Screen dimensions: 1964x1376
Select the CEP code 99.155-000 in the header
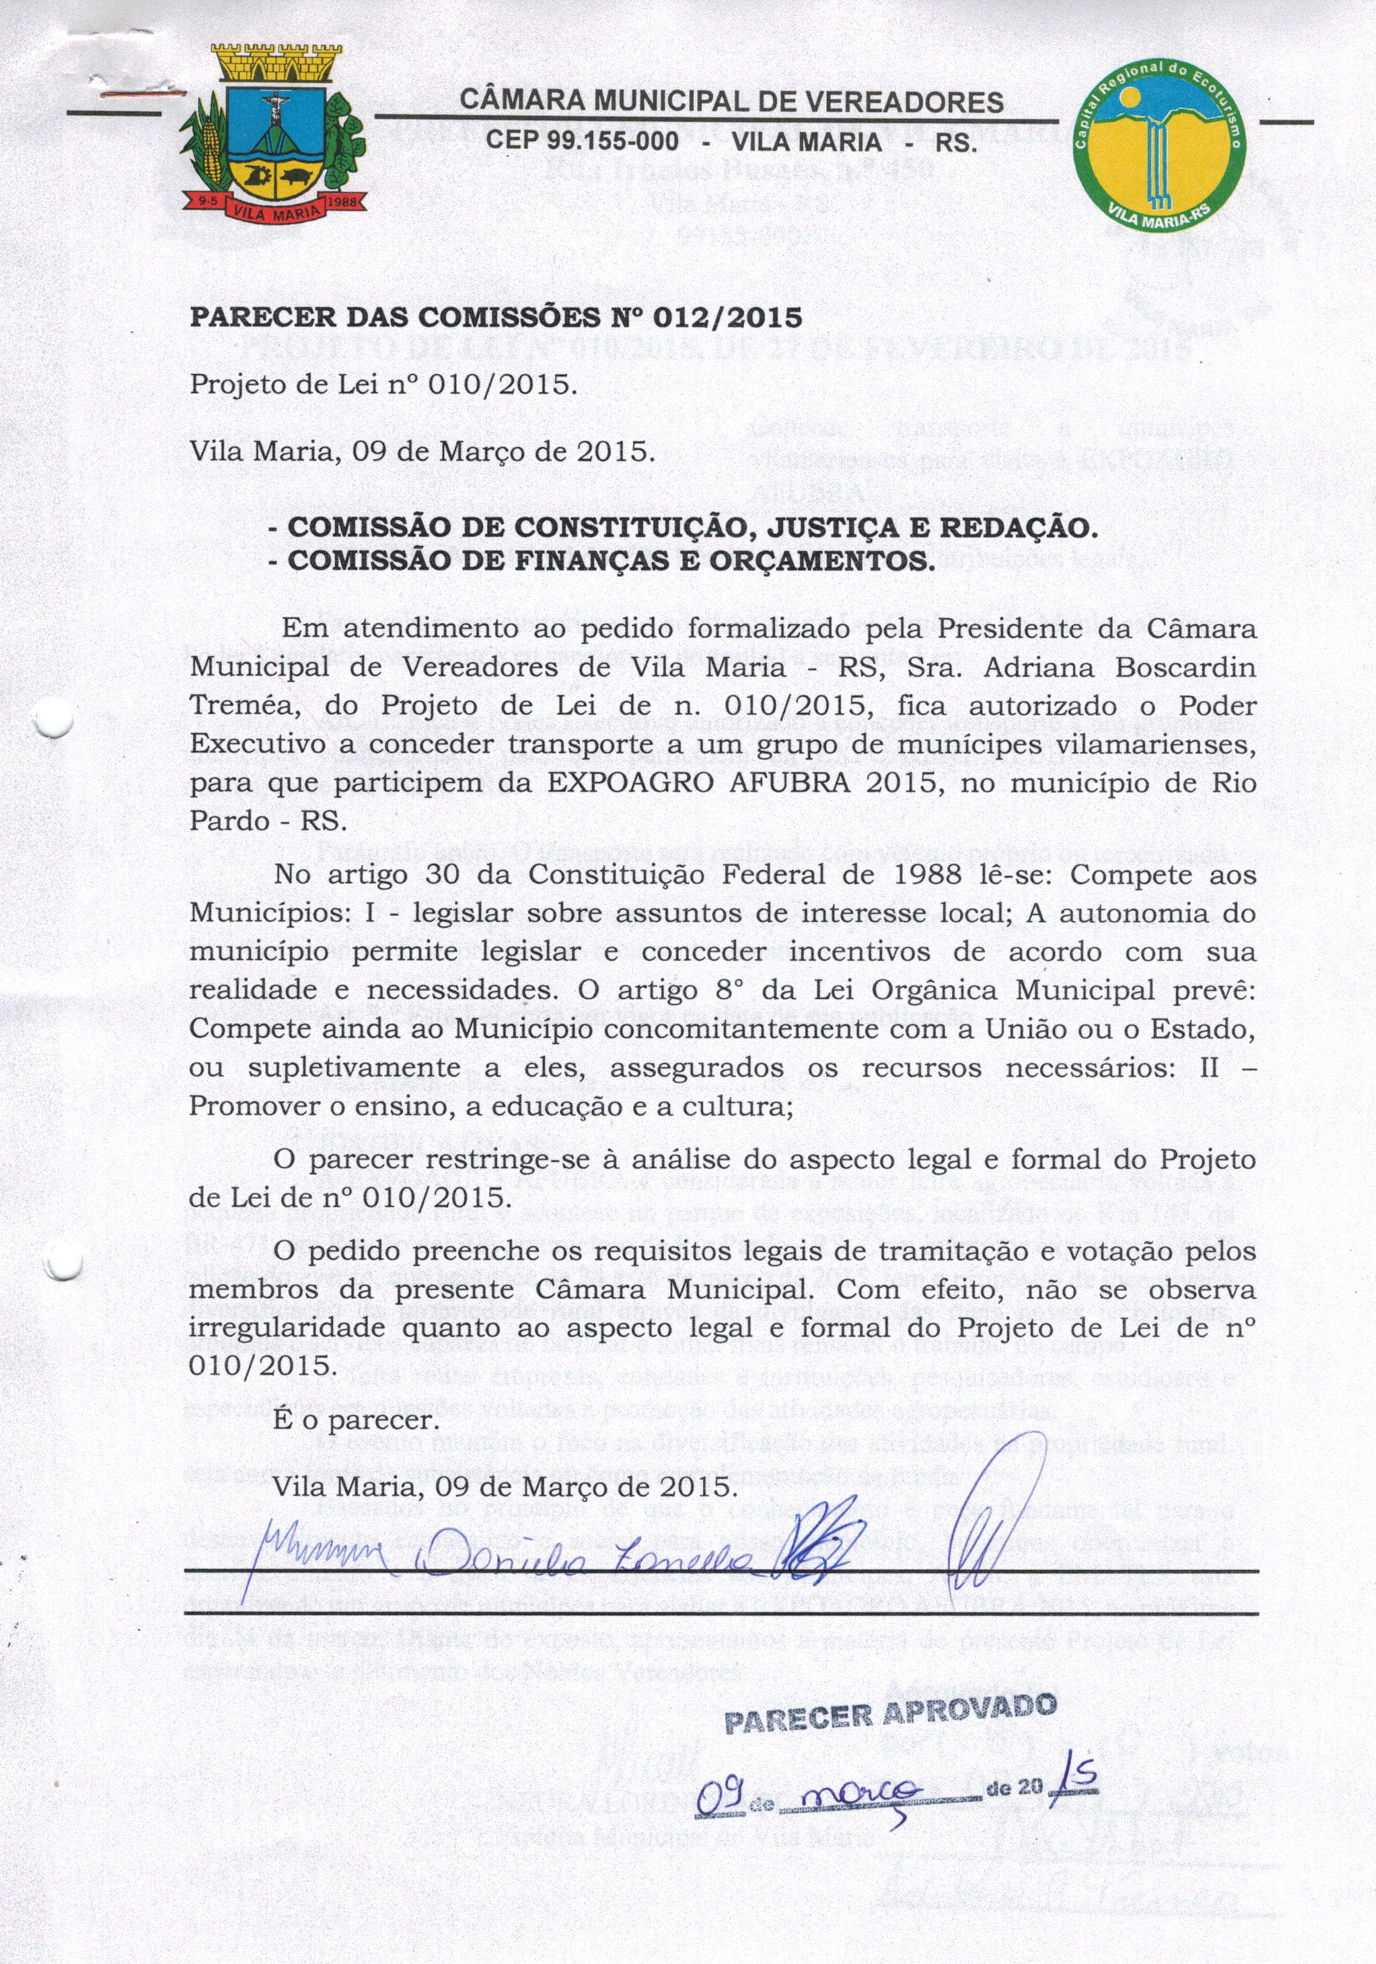tap(583, 141)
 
